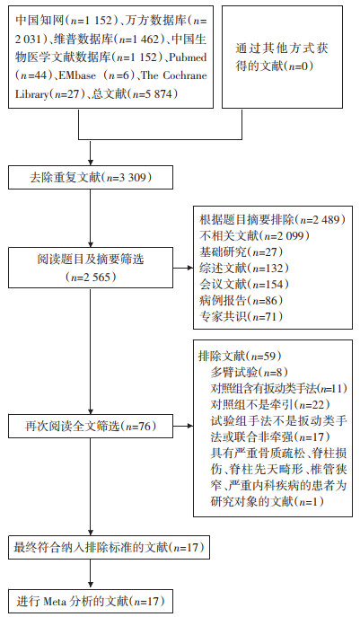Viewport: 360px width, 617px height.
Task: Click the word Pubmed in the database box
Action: (188, 57)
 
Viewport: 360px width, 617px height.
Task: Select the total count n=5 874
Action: (153, 94)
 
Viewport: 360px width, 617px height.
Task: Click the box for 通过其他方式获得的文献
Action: (282, 57)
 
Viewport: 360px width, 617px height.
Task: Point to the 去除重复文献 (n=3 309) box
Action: (91, 178)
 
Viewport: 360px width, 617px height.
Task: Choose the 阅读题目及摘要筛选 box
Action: (91, 268)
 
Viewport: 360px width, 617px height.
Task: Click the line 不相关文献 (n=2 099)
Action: (254, 235)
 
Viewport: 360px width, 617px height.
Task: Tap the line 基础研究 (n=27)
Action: (241, 251)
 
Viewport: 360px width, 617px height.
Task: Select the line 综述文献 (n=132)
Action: (244, 269)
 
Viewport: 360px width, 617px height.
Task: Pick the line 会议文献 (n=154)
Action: (244, 285)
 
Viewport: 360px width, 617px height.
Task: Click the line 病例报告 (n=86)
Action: (241, 301)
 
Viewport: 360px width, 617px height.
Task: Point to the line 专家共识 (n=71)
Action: (241, 317)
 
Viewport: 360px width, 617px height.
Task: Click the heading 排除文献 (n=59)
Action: (241, 357)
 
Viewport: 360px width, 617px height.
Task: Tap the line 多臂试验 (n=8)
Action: (250, 372)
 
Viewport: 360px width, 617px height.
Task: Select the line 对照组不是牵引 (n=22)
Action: (270, 404)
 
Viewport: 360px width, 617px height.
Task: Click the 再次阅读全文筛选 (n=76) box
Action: (91, 427)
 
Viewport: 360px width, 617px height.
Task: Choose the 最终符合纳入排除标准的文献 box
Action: (110, 548)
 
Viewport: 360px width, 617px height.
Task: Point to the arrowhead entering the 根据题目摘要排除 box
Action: (191, 269)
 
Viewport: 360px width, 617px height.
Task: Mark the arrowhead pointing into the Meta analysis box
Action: (91, 585)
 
